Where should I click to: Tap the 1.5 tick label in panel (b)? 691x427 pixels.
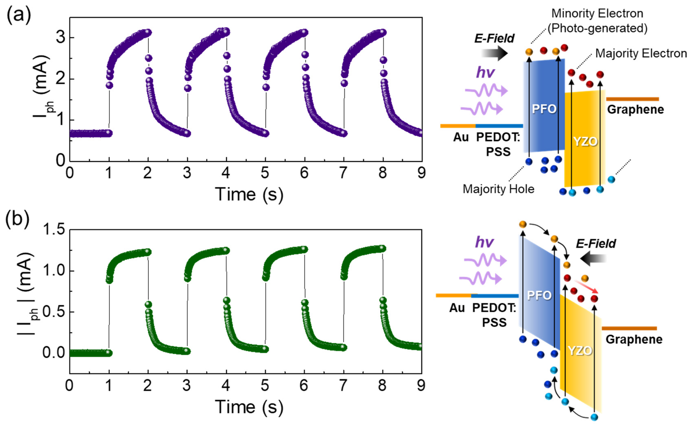point(54,229)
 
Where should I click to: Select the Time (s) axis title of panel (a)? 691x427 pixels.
point(249,194)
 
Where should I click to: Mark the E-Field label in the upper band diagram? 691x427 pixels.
point(494,38)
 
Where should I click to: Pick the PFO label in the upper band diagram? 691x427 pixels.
point(544,109)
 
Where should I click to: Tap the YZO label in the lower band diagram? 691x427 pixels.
point(580,351)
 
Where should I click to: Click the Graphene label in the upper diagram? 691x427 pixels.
point(635,110)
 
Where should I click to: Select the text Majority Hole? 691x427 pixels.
point(498,189)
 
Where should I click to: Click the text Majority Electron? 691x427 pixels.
point(641,53)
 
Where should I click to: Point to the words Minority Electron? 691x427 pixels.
point(597,13)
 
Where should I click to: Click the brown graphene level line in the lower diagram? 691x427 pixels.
point(629,328)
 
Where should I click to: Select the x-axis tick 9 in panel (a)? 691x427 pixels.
point(421,173)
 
